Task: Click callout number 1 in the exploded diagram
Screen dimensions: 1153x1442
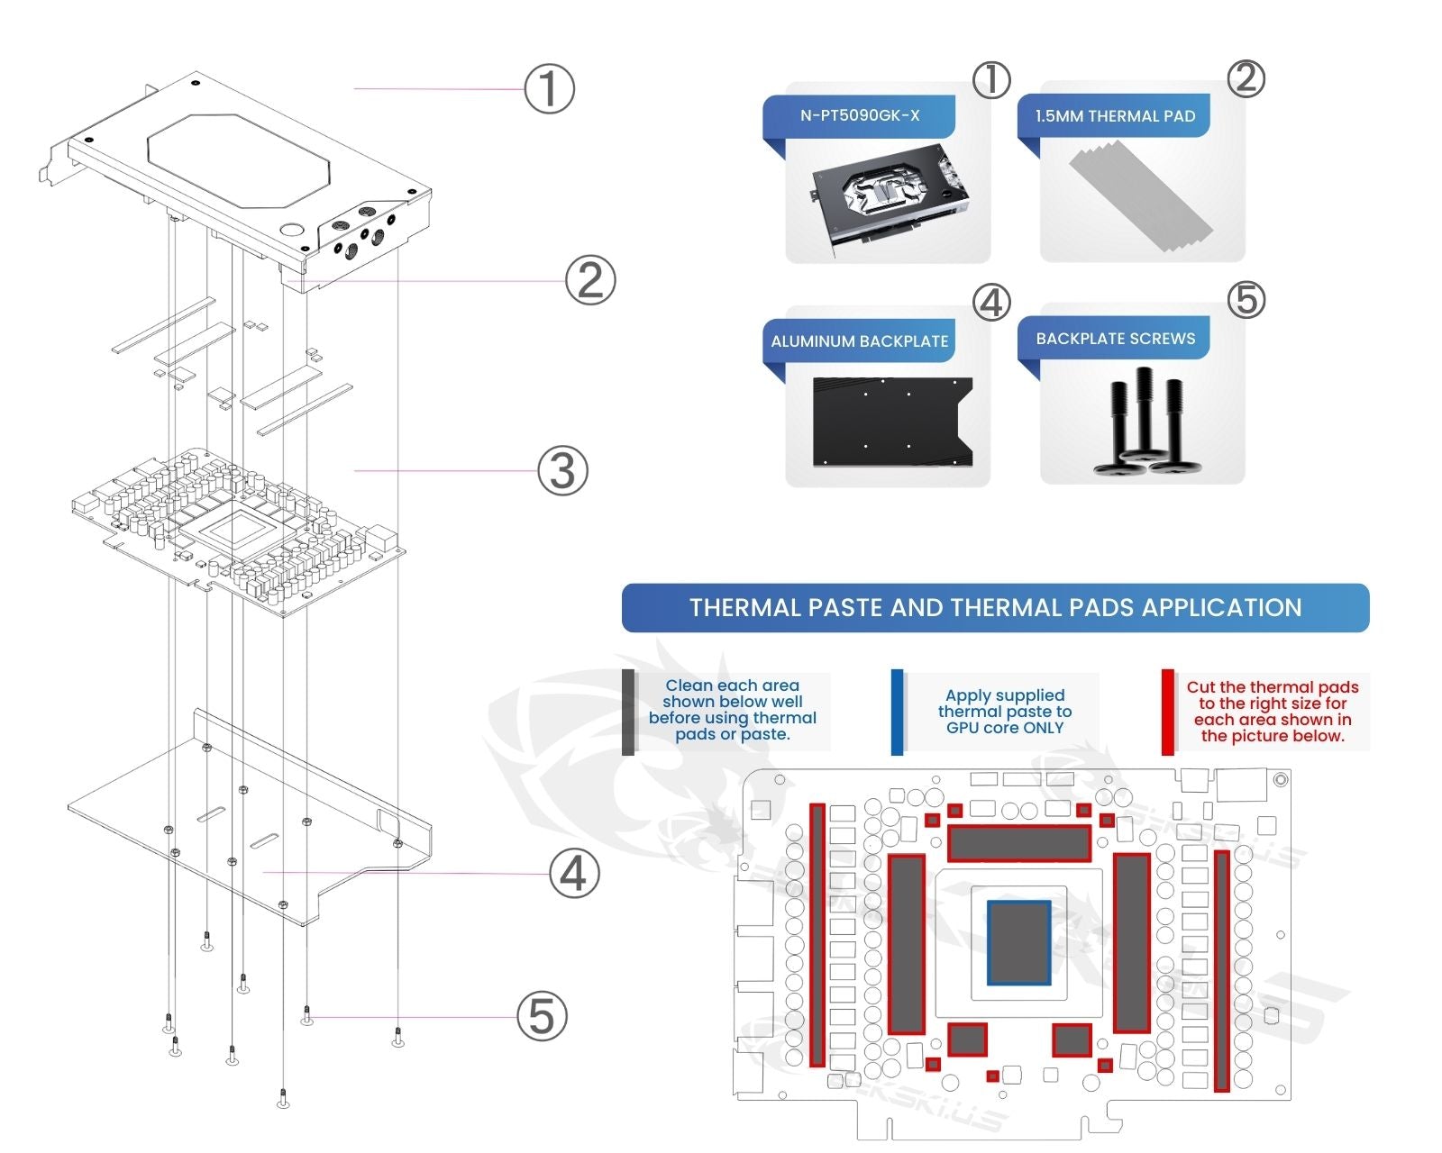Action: (549, 88)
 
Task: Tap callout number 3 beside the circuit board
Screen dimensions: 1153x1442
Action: (562, 470)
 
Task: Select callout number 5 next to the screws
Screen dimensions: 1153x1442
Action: (542, 1016)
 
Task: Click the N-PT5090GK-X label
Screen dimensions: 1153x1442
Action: (860, 115)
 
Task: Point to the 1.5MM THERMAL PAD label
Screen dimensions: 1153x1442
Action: (1115, 116)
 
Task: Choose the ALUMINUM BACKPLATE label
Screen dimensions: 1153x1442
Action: (859, 341)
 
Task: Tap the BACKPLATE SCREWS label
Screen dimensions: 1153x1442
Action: (1115, 339)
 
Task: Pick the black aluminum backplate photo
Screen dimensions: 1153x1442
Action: (892, 422)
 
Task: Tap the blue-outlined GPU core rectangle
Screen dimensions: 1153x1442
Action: (1019, 942)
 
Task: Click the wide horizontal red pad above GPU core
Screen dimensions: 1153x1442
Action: (1019, 843)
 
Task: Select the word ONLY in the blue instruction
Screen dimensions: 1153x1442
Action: (1044, 728)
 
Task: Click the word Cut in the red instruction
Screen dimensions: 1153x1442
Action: (1200, 687)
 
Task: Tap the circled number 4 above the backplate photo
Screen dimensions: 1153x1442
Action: (991, 303)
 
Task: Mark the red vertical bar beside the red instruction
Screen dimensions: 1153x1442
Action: (1167, 712)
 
